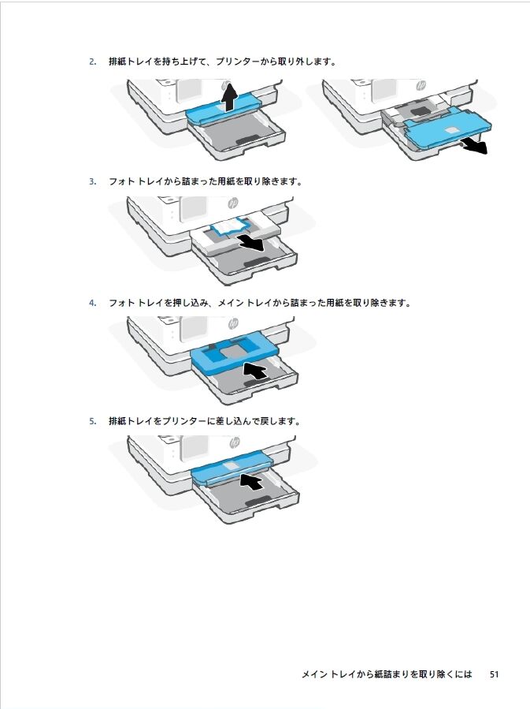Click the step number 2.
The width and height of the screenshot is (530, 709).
(92, 62)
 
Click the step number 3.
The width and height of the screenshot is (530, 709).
(92, 181)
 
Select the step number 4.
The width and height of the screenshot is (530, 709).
(92, 303)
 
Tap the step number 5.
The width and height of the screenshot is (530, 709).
(92, 421)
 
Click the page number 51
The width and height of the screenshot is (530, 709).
(494, 674)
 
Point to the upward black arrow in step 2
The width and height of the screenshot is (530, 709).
(230, 96)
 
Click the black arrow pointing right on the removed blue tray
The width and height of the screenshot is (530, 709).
(473, 147)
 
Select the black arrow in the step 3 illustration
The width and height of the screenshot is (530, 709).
(251, 243)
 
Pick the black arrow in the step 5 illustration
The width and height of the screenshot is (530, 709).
(251, 480)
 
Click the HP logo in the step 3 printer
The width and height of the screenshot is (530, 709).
(233, 203)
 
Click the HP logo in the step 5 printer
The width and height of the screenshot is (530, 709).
(234, 442)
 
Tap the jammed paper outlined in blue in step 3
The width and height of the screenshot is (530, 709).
(232, 226)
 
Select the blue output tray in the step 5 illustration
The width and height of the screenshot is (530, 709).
(232, 469)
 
